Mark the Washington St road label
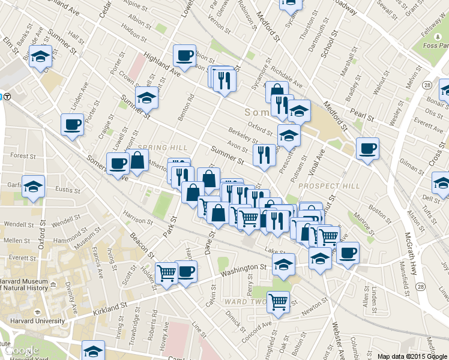pyautogui.click(x=243, y=272)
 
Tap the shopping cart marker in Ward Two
pyautogui.click(x=278, y=302)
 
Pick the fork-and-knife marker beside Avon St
pyautogui.click(x=264, y=155)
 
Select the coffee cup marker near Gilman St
pyautogui.click(x=367, y=148)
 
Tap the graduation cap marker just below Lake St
pyautogui.click(x=283, y=263)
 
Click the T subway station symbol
pyautogui.click(x=4, y=95)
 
